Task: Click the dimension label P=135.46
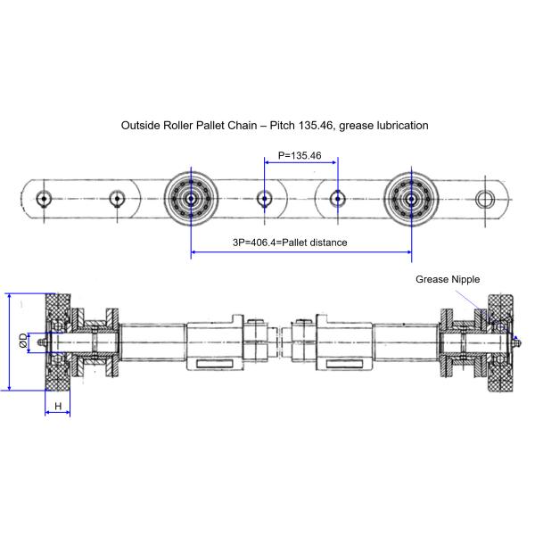click(299, 155)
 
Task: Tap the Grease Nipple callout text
click(448, 279)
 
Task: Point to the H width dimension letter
click(59, 406)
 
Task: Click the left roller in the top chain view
click(190, 197)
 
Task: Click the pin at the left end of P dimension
click(264, 197)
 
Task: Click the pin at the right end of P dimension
click(337, 197)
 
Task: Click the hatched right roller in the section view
click(497, 342)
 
